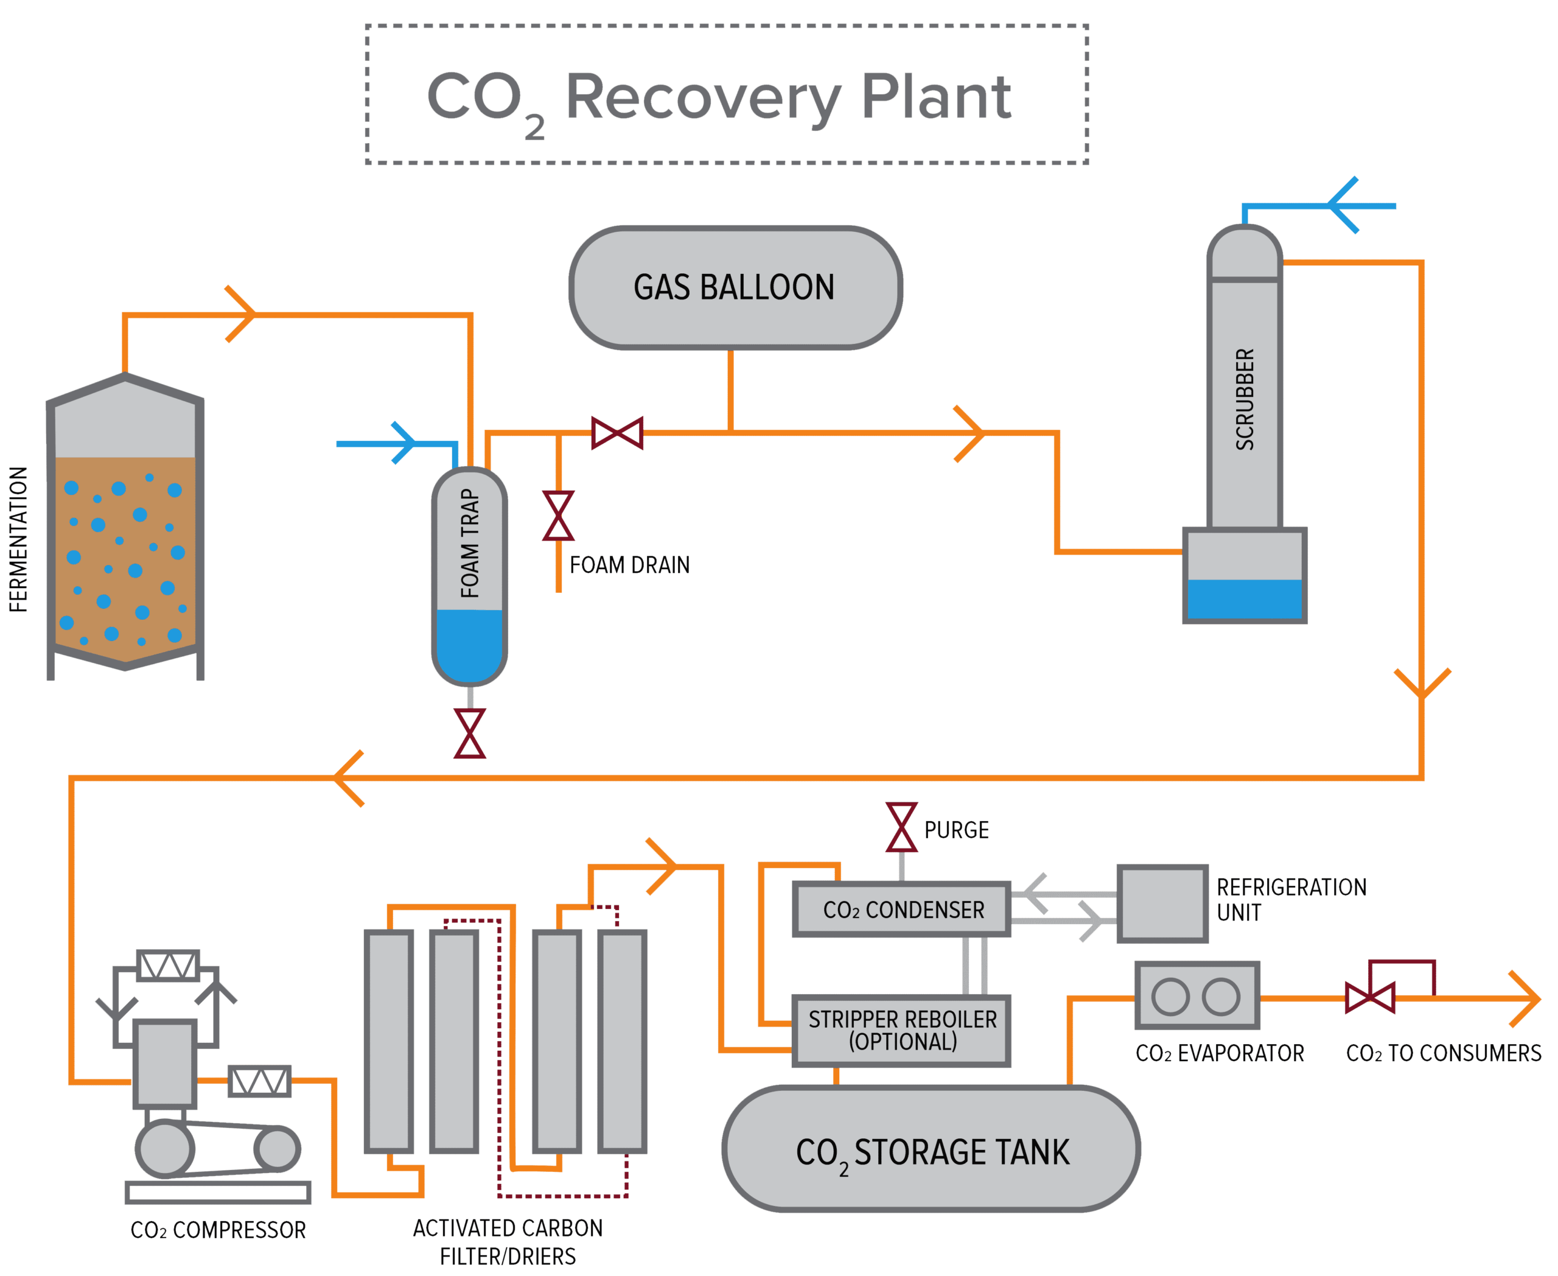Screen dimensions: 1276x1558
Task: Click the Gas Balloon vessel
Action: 735,287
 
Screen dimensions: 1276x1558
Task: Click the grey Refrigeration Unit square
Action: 1162,903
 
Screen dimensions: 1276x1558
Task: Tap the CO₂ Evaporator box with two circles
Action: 1196,995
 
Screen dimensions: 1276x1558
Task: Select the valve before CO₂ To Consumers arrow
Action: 1370,997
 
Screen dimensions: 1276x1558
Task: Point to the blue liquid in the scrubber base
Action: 1243,599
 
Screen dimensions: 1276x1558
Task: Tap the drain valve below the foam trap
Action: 470,733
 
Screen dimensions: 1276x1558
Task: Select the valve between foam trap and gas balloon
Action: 617,432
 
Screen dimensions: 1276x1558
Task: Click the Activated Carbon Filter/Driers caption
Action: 508,1241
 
